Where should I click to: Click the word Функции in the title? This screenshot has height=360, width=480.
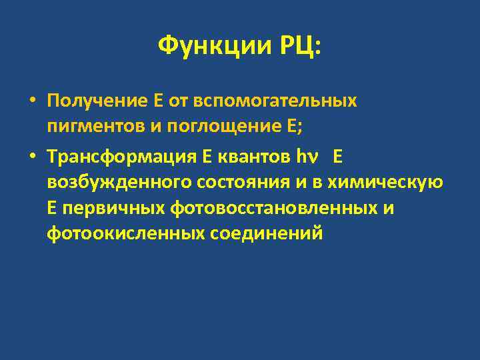[x=212, y=47]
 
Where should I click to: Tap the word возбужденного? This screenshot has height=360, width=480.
[x=113, y=183]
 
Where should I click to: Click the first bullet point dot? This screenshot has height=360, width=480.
[x=31, y=101]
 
